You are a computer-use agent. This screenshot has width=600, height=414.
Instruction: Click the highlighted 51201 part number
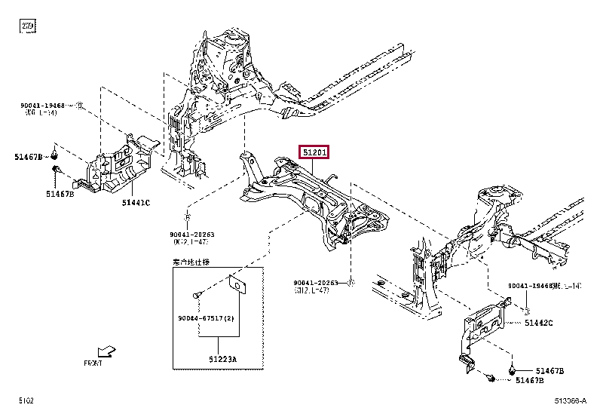coord(314,152)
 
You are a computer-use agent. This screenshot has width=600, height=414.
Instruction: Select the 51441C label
coord(136,202)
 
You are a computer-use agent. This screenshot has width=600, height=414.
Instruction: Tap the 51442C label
coord(538,323)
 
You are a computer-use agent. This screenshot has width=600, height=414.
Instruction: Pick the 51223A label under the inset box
coord(224,359)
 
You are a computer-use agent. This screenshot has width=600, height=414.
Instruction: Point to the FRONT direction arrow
coord(108,351)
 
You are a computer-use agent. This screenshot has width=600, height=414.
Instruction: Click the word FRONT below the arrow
coord(93,363)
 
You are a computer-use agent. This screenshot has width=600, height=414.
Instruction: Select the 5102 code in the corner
coord(26,400)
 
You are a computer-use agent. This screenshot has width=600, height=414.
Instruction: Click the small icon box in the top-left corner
coord(28,26)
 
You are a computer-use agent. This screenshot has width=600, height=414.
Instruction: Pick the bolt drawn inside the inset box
coord(197,295)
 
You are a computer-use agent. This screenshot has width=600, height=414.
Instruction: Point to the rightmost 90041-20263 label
coord(320,284)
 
